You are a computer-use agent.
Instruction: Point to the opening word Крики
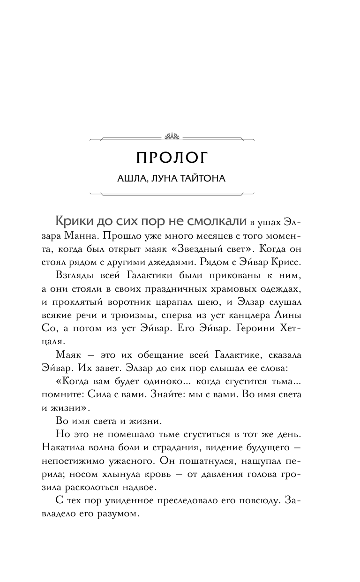[71, 221]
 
